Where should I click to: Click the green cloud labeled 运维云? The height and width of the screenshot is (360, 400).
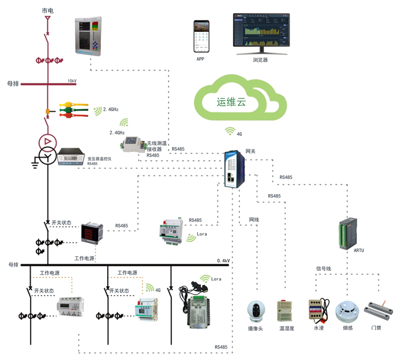[238, 101]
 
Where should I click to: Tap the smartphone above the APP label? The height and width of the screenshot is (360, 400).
[200, 37]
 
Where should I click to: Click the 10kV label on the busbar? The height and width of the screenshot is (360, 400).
[72, 81]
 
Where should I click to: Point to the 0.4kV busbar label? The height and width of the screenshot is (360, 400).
[223, 261]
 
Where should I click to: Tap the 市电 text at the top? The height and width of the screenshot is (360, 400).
[48, 10]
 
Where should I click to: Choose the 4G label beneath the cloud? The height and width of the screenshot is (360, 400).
[239, 134]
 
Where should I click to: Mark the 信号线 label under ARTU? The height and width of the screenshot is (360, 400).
[324, 268]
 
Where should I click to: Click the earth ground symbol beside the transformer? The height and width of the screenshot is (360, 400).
[34, 161]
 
